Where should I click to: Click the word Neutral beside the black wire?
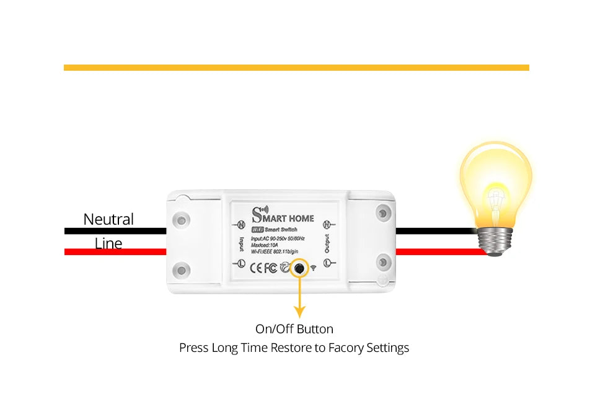tap(108, 219)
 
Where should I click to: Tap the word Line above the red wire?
tap(108, 243)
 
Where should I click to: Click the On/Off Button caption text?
tap(294, 329)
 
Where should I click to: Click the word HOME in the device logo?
tap(301, 218)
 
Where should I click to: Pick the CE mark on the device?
tap(256, 268)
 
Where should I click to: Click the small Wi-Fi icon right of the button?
tap(313, 268)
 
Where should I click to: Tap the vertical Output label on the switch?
tap(327, 244)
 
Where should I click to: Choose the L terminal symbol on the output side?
tap(327, 264)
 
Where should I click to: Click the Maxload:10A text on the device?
tap(265, 245)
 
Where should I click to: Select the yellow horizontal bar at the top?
tap(296, 67)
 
